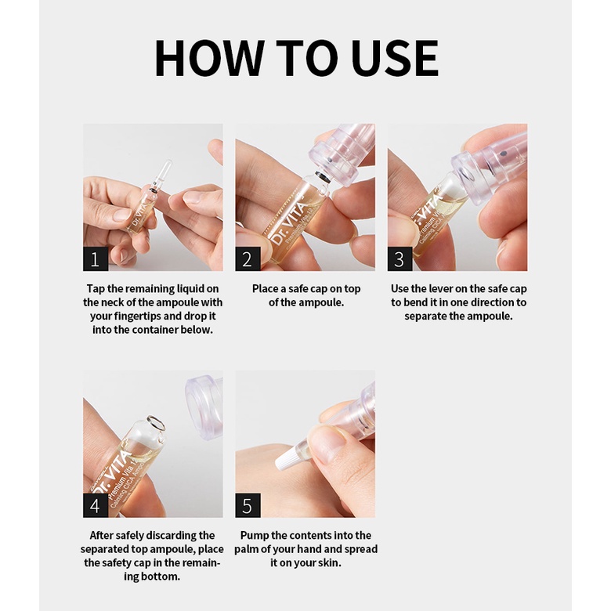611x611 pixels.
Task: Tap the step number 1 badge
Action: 96,258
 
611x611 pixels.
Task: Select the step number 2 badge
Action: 248,258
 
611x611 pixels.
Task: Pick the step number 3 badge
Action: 399,258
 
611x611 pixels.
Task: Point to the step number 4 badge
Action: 96,505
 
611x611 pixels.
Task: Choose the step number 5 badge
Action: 248,505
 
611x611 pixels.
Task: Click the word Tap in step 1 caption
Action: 96,289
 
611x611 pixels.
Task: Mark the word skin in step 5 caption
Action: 330,562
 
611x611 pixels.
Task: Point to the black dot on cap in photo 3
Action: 503,154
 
